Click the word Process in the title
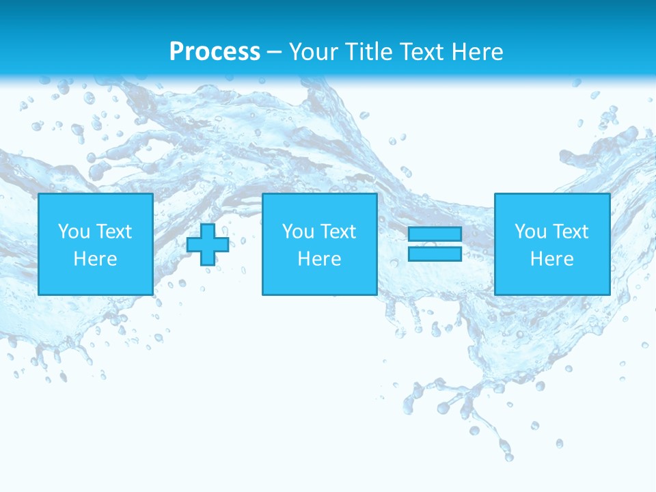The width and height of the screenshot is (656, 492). pos(215,52)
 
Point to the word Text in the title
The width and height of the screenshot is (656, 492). pos(419,52)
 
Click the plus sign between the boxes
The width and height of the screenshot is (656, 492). pos(207,245)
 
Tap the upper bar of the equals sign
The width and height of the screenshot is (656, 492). pos(435,234)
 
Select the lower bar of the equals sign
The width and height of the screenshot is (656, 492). pos(435,254)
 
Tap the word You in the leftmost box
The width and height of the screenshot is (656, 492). pos(74,232)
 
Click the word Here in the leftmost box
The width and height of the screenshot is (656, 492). pos(95,259)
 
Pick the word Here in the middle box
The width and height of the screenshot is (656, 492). pos(319,259)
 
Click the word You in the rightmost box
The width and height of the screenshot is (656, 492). pos(530,232)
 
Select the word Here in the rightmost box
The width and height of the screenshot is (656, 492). pos(551,259)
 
